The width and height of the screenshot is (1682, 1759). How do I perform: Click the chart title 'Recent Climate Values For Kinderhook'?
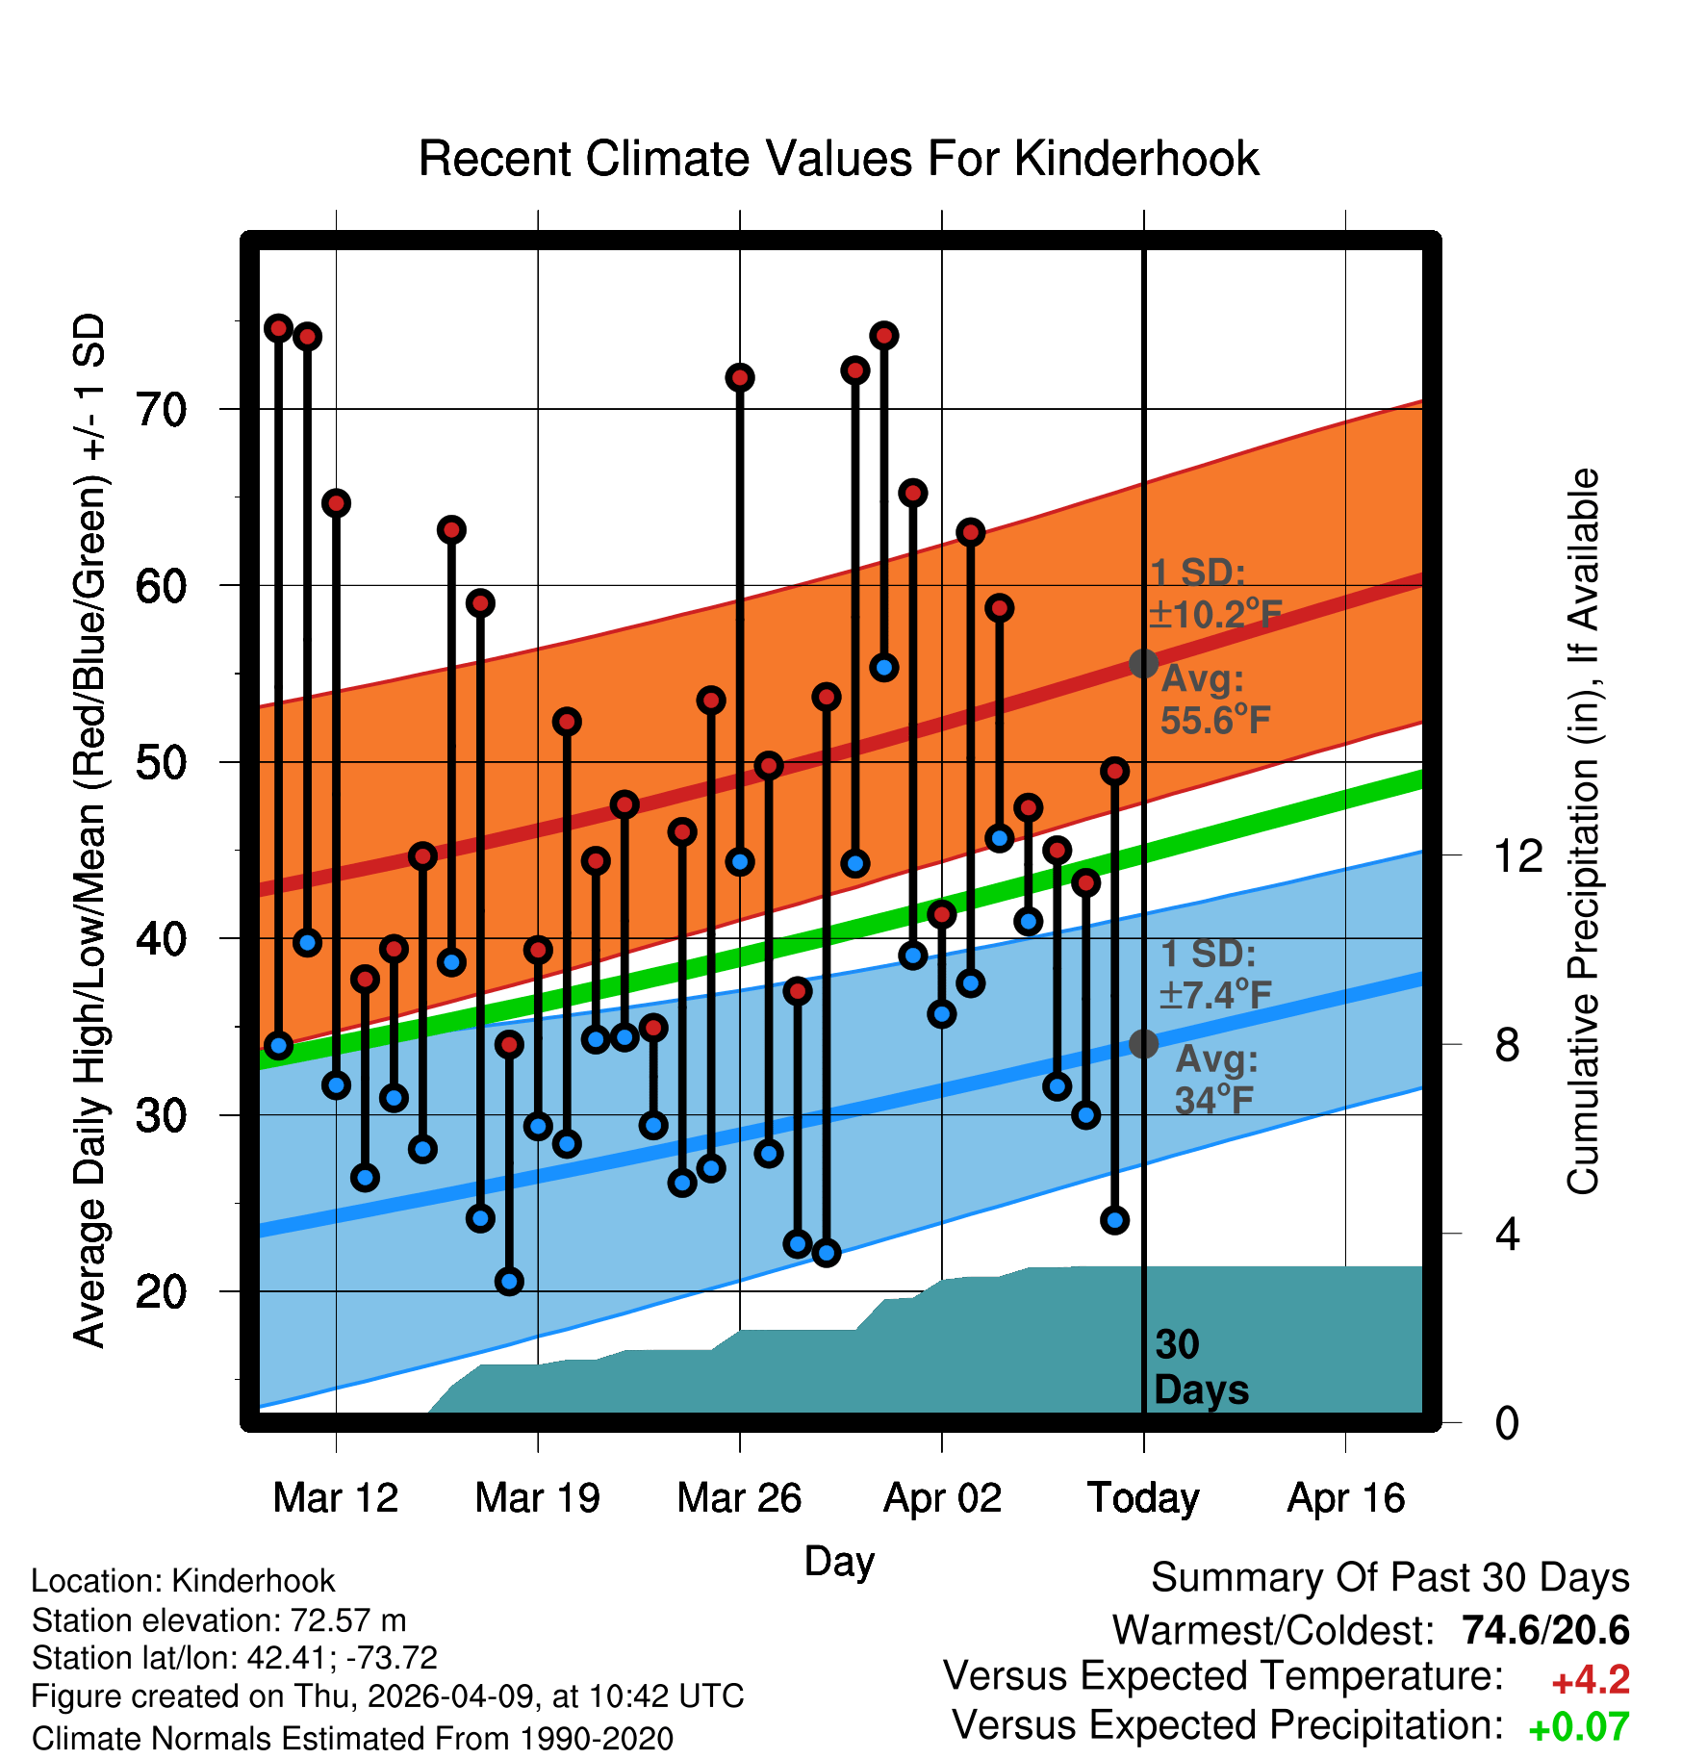(838, 159)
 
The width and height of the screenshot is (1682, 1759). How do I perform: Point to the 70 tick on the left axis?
(161, 410)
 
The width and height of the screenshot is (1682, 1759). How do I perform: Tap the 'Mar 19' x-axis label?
(537, 1498)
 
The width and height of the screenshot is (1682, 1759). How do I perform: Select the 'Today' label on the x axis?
(1143, 1498)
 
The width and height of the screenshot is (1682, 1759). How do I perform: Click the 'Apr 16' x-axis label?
(1346, 1498)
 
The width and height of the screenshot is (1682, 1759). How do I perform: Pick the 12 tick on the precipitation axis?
(1517, 855)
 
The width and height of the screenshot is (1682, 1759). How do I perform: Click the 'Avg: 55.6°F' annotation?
(1215, 700)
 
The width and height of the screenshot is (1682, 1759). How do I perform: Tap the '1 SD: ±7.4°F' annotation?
(1215, 974)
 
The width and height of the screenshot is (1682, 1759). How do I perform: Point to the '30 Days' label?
(1201, 1367)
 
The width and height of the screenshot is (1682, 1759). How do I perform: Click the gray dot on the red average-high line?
(1143, 663)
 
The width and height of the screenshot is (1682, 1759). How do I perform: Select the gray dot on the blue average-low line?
(1143, 1043)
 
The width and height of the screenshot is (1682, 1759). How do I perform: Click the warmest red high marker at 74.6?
(278, 328)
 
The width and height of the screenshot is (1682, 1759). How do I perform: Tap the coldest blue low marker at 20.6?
(509, 1281)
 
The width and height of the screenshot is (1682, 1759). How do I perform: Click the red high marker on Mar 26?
(740, 377)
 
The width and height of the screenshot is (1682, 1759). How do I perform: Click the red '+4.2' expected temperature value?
(1591, 1680)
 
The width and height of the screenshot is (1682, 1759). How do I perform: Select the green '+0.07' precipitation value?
(1579, 1728)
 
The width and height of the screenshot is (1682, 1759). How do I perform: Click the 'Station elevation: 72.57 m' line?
(219, 1621)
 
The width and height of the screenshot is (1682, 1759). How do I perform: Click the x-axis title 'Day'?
(839, 1561)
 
